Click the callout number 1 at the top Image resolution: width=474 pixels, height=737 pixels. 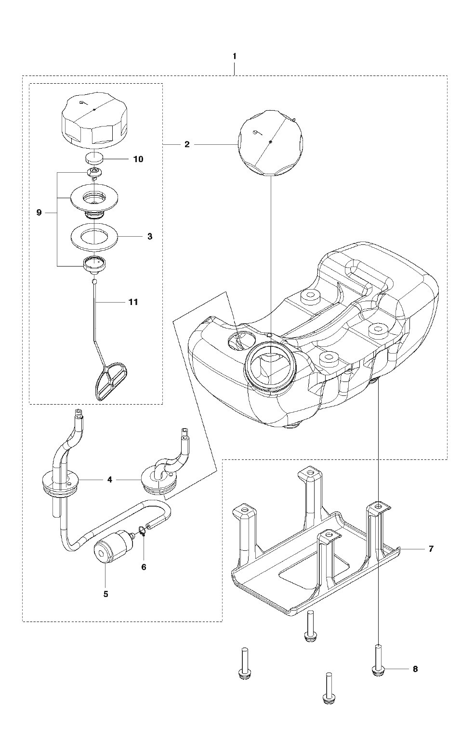(234, 56)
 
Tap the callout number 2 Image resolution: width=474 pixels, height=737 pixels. (187, 144)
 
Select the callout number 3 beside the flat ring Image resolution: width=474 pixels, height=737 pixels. (150, 236)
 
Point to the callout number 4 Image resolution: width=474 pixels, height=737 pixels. (110, 480)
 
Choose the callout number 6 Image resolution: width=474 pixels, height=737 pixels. (144, 567)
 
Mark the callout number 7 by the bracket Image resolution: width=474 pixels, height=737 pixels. (431, 548)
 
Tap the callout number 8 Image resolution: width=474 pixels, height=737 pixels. (415, 669)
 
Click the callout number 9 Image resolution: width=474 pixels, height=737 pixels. (39, 213)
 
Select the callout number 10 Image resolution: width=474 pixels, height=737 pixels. (138, 159)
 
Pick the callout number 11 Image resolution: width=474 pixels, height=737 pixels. (133, 302)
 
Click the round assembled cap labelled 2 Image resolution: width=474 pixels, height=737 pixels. (270, 143)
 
